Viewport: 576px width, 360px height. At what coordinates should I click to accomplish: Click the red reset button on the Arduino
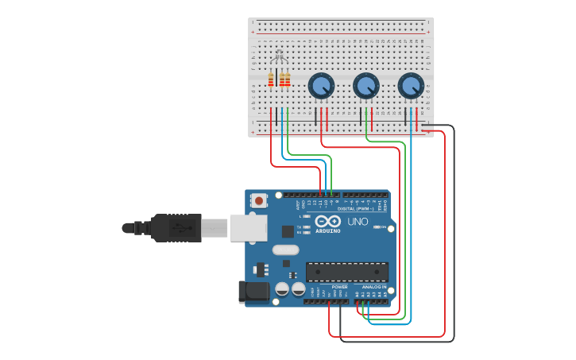258,201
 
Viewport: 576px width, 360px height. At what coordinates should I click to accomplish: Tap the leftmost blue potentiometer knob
321,86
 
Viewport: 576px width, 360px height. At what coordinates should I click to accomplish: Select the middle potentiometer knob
365,86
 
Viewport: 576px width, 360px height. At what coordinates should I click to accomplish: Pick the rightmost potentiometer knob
411,86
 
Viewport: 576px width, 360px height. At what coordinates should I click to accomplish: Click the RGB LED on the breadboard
278,57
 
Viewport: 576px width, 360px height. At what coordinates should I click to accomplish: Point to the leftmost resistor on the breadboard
271,79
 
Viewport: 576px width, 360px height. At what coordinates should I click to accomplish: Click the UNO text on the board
358,222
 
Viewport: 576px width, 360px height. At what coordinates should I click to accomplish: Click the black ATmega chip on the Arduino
347,271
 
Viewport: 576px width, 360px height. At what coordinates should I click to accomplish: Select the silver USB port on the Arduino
248,227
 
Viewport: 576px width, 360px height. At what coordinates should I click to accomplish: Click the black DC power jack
253,291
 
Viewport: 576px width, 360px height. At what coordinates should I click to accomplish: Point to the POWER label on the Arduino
339,286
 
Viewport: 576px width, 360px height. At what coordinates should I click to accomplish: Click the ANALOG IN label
374,286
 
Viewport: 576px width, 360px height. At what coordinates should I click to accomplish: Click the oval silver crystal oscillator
285,250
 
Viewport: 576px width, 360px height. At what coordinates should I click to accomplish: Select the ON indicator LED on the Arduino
377,227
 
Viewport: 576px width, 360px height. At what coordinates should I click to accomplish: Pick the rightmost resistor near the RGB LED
288,79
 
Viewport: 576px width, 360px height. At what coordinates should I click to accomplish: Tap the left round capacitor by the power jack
281,289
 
